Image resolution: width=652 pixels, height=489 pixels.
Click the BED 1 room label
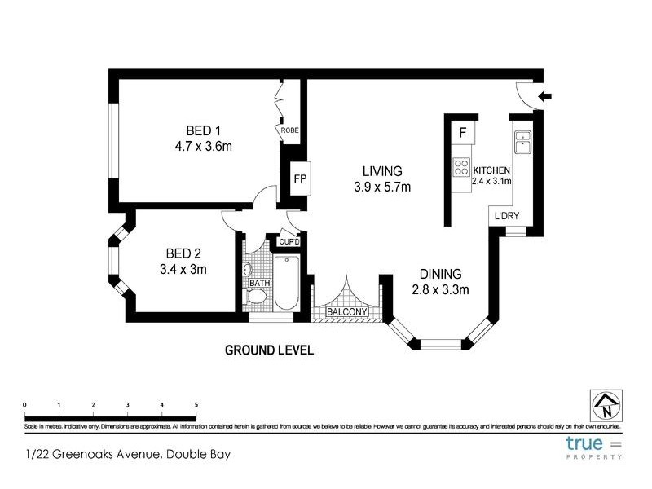pyautogui.click(x=203, y=130)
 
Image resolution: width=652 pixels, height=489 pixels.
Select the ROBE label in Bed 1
pyautogui.click(x=289, y=130)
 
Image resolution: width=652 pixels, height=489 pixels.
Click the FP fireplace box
pyautogui.click(x=299, y=179)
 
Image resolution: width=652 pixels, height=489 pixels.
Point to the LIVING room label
pyautogui.click(x=382, y=171)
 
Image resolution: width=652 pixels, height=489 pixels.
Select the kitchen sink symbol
pyautogui.click(x=522, y=142)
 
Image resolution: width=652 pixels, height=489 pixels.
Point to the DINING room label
pyautogui.click(x=440, y=274)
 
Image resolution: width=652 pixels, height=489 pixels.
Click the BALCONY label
pyautogui.click(x=347, y=312)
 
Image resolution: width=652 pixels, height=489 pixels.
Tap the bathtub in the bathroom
pyautogui.click(x=285, y=283)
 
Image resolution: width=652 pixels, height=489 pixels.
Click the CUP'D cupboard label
pyautogui.click(x=290, y=242)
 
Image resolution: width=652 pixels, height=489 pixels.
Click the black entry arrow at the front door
pyautogui.click(x=545, y=96)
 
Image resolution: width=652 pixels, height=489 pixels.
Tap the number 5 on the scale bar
pyautogui.click(x=196, y=404)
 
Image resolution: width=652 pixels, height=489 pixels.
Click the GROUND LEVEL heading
pyautogui.click(x=269, y=350)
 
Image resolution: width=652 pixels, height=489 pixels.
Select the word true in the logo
pyautogui.click(x=585, y=444)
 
